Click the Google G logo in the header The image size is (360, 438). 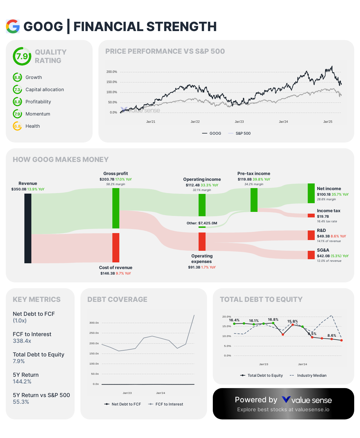pos(13,26)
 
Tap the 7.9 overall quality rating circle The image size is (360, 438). pos(22,56)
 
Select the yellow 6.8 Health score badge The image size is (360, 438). pos(17,126)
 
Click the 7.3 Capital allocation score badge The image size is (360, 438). pos(17,90)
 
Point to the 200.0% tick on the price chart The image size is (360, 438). pos(111,72)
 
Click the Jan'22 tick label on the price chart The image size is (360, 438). pos(195,122)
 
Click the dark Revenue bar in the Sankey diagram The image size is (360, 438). pos(28,228)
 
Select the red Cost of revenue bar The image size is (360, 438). pos(116,248)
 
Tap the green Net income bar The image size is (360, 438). pos(311,193)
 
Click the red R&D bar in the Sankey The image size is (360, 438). pos(311,235)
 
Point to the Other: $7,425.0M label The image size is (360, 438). pos(202,223)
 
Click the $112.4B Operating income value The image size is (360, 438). pos(193,185)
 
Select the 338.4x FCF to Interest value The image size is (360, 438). pos(22,341)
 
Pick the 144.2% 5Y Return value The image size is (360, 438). pos(22,382)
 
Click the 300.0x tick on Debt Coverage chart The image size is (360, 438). pos(94,323)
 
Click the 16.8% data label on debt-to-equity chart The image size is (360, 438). pos(273,320)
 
